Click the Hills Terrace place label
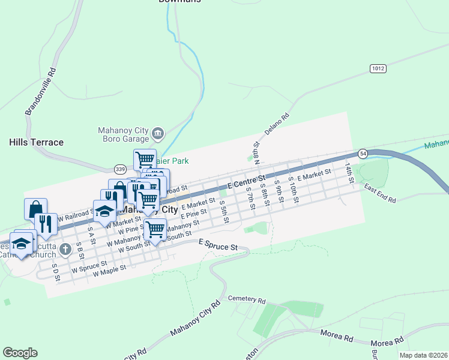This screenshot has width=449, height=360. point(36,142)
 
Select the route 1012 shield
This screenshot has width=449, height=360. point(378,68)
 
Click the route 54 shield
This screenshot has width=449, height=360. point(363,154)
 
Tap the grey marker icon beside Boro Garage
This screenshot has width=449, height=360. point(158,132)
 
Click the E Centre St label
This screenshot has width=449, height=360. point(247,181)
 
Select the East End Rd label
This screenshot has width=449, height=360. point(380,194)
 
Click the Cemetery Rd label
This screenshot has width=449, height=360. point(246,299)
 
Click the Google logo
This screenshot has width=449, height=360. point(20,353)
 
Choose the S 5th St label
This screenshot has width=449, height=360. point(224,211)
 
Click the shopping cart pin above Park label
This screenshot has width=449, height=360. point(145,160)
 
